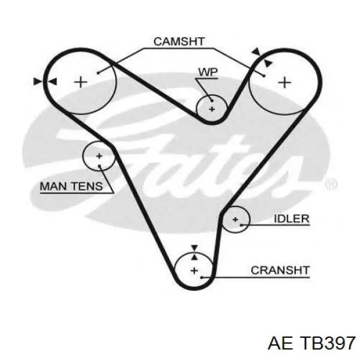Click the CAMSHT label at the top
point(179,41)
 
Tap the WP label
point(208,72)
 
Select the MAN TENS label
point(71,186)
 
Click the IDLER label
point(292,218)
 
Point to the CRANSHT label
point(280,270)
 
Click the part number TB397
point(328,344)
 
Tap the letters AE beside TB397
point(280,344)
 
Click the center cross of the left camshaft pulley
point(80,82)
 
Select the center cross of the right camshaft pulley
point(284,82)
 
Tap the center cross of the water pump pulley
point(212,109)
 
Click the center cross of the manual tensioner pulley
point(99,157)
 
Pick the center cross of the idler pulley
point(235,220)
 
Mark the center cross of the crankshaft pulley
point(194,271)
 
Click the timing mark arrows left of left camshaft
point(45,82)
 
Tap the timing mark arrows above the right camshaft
point(262,57)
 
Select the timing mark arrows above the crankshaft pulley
point(194,253)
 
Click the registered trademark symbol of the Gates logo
point(331,184)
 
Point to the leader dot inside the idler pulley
point(241,225)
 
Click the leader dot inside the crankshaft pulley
point(202,278)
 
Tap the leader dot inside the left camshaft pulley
point(98,73)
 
